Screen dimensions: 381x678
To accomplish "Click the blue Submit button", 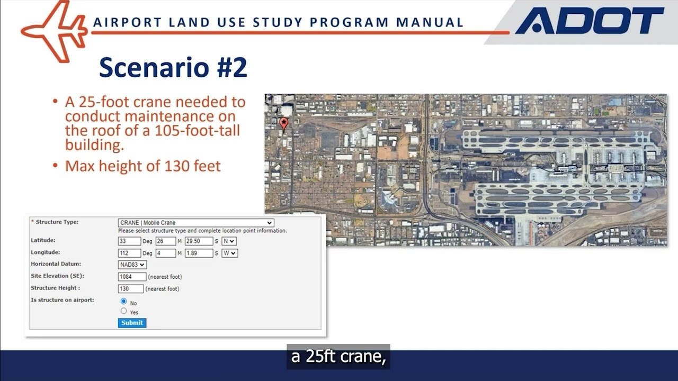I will [132, 323].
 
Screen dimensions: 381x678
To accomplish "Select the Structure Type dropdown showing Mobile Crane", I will [195, 223].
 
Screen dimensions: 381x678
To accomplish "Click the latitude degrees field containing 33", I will [129, 241].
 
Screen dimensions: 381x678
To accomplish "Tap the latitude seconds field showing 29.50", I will [199, 241].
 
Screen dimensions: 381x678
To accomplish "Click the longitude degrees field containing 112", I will [129, 253].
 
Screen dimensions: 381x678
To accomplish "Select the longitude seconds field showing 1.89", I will [199, 253].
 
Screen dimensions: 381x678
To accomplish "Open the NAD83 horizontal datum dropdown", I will [132, 265].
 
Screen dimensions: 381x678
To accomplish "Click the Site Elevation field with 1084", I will [132, 276].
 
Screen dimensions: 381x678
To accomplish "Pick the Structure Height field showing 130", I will [130, 288].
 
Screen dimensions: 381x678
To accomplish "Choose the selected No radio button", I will [124, 302].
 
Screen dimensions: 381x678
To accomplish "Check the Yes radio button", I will [124, 311].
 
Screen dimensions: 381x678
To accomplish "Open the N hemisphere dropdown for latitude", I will [229, 241].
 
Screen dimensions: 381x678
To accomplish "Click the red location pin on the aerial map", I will [284, 123].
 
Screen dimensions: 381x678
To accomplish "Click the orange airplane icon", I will [56, 30].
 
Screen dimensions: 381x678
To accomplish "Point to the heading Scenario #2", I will [173, 68].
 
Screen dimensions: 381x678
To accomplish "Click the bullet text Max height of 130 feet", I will [142, 166].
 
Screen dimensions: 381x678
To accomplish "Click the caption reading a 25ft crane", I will [338, 357].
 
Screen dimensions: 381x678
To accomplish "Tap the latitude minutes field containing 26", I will [165, 241].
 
